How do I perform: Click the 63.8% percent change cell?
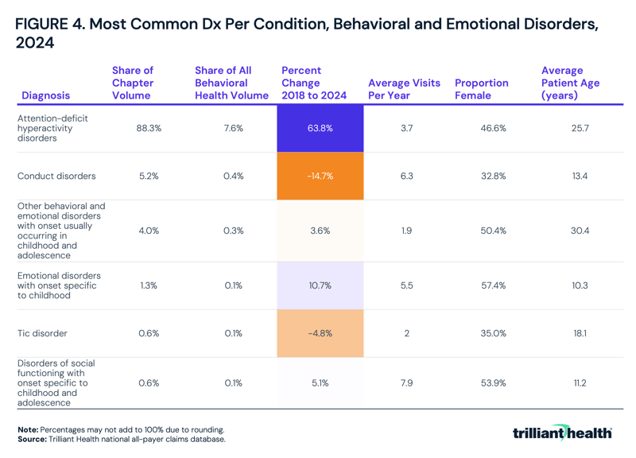pyautogui.click(x=320, y=128)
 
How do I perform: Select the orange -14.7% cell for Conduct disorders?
pyautogui.click(x=320, y=176)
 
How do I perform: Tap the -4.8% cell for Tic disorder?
pyautogui.click(x=320, y=333)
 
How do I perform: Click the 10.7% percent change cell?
pyautogui.click(x=320, y=285)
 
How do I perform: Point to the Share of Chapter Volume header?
pyautogui.click(x=133, y=83)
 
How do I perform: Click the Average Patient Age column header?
pyautogui.click(x=570, y=83)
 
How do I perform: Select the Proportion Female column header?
pyautogui.click(x=481, y=89)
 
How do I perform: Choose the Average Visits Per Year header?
pyautogui.click(x=404, y=89)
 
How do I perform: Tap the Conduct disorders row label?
pyautogui.click(x=56, y=176)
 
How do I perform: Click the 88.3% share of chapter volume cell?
pyautogui.click(x=149, y=128)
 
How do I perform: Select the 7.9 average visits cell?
pyautogui.click(x=406, y=382)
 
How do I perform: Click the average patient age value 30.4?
pyautogui.click(x=580, y=231)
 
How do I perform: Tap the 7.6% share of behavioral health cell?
pyautogui.click(x=233, y=128)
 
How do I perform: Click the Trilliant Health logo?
pyautogui.click(x=562, y=433)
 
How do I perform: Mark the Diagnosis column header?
pyautogui.click(x=45, y=95)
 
